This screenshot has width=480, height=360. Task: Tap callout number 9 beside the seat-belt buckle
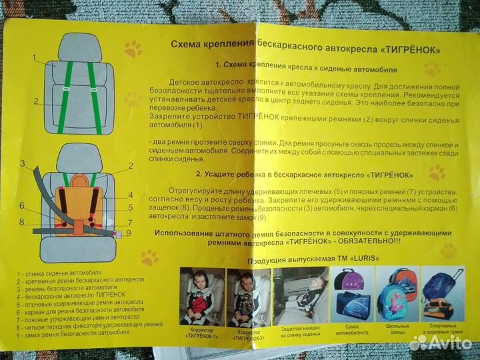click(129, 233)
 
